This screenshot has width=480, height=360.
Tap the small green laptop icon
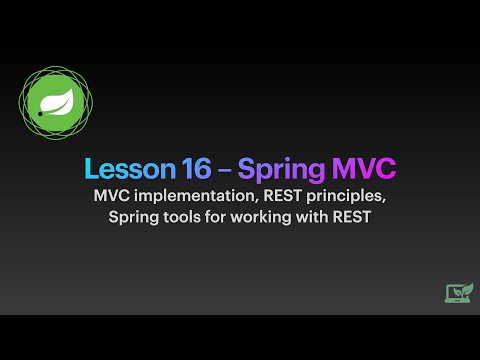(459, 292)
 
